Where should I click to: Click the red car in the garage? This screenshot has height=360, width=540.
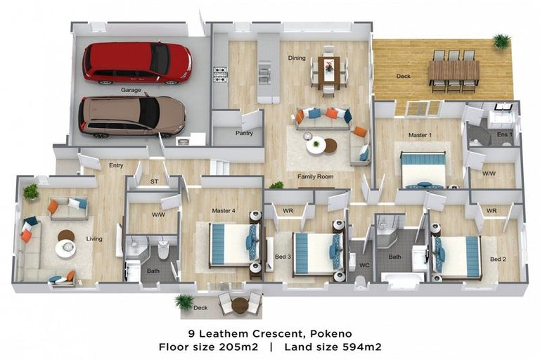[137, 63]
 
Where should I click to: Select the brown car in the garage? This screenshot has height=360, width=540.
[131, 115]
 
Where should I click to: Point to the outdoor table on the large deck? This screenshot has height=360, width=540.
[454, 71]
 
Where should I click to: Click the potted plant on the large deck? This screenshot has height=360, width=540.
[501, 41]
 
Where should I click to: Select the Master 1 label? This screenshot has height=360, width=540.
[420, 134]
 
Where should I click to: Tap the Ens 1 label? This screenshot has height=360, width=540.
[504, 134]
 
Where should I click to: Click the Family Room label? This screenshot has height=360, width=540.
[315, 176]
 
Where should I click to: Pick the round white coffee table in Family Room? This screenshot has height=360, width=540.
[316, 146]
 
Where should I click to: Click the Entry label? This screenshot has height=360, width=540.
[116, 165]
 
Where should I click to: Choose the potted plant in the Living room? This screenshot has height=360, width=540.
[31, 191]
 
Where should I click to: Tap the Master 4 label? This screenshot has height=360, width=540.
[224, 210]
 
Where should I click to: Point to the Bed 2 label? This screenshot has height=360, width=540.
[498, 259]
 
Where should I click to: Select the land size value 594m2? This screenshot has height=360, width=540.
[363, 347]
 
